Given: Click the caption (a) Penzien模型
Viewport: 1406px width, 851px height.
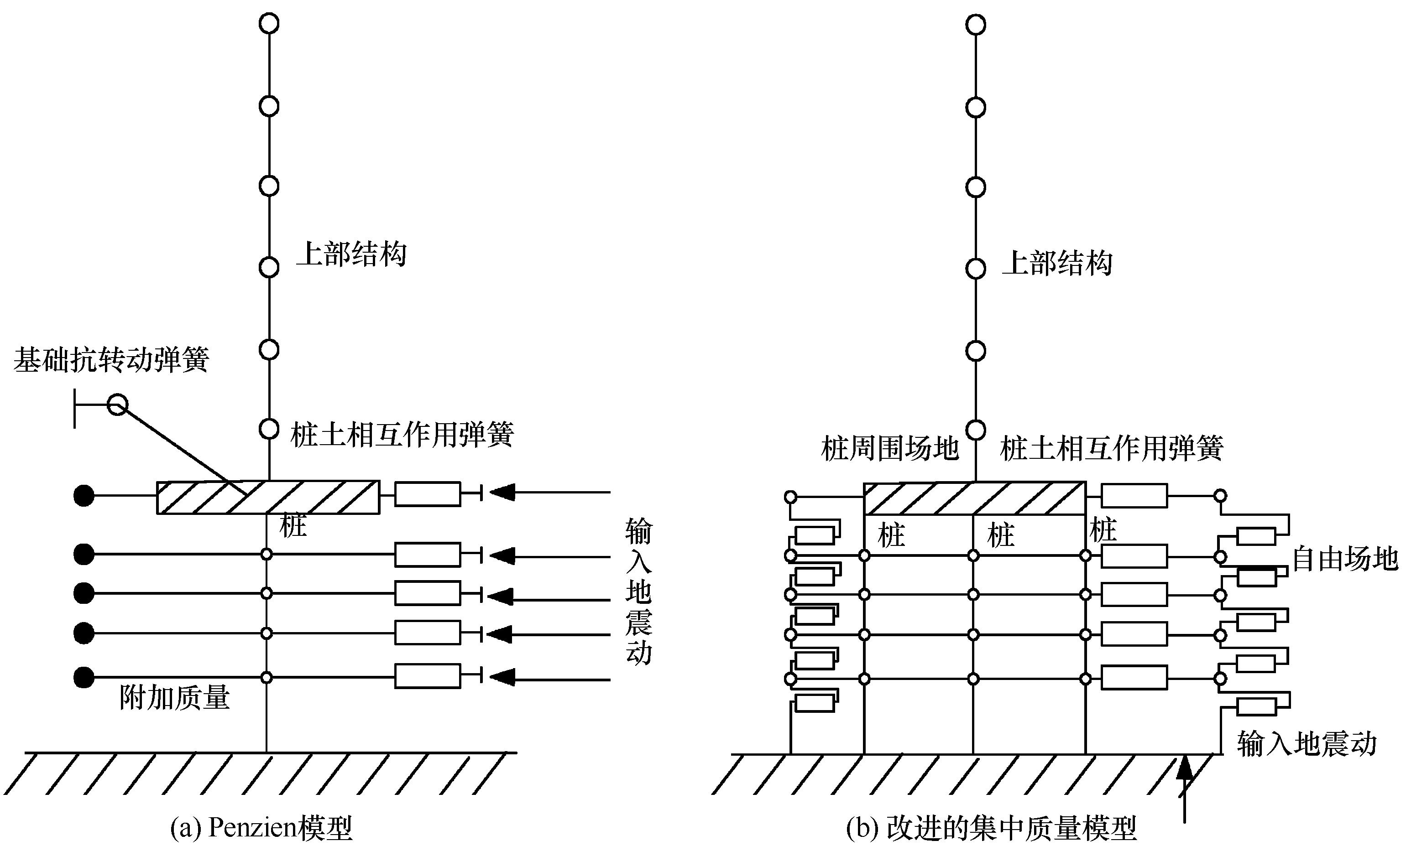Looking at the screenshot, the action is pyautogui.click(x=261, y=828).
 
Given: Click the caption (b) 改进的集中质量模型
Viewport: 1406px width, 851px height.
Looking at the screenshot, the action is pyautogui.click(x=991, y=828).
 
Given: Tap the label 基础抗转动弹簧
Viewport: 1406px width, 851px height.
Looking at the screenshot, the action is pyautogui.click(x=111, y=359).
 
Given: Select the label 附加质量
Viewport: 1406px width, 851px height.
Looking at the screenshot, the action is pyautogui.click(x=175, y=697).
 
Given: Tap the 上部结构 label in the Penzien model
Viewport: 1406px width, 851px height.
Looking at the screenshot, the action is pyautogui.click(x=351, y=254).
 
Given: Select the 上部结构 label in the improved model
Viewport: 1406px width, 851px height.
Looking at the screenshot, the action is pyautogui.click(x=1057, y=264).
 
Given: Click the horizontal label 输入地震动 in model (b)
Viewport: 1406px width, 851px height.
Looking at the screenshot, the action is pyautogui.click(x=1307, y=744).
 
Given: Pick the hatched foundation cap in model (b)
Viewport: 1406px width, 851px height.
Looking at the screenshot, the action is pyautogui.click(x=975, y=499).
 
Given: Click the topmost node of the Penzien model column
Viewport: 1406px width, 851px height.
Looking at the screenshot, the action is pyautogui.click(x=269, y=24).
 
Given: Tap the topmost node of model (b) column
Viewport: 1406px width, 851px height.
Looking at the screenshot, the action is pyautogui.click(x=976, y=25).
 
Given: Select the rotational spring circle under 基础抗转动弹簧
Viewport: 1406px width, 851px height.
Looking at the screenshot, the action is pyautogui.click(x=118, y=405).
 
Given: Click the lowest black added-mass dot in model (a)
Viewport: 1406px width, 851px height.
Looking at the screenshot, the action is pyautogui.click(x=84, y=678).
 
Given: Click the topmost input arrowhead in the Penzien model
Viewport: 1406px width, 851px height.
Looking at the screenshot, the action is pyautogui.click(x=502, y=491).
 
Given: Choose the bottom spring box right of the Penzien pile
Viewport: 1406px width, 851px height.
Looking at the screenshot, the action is pyautogui.click(x=428, y=676).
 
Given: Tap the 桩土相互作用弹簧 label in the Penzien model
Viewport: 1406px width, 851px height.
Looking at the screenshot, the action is pyautogui.click(x=402, y=435).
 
